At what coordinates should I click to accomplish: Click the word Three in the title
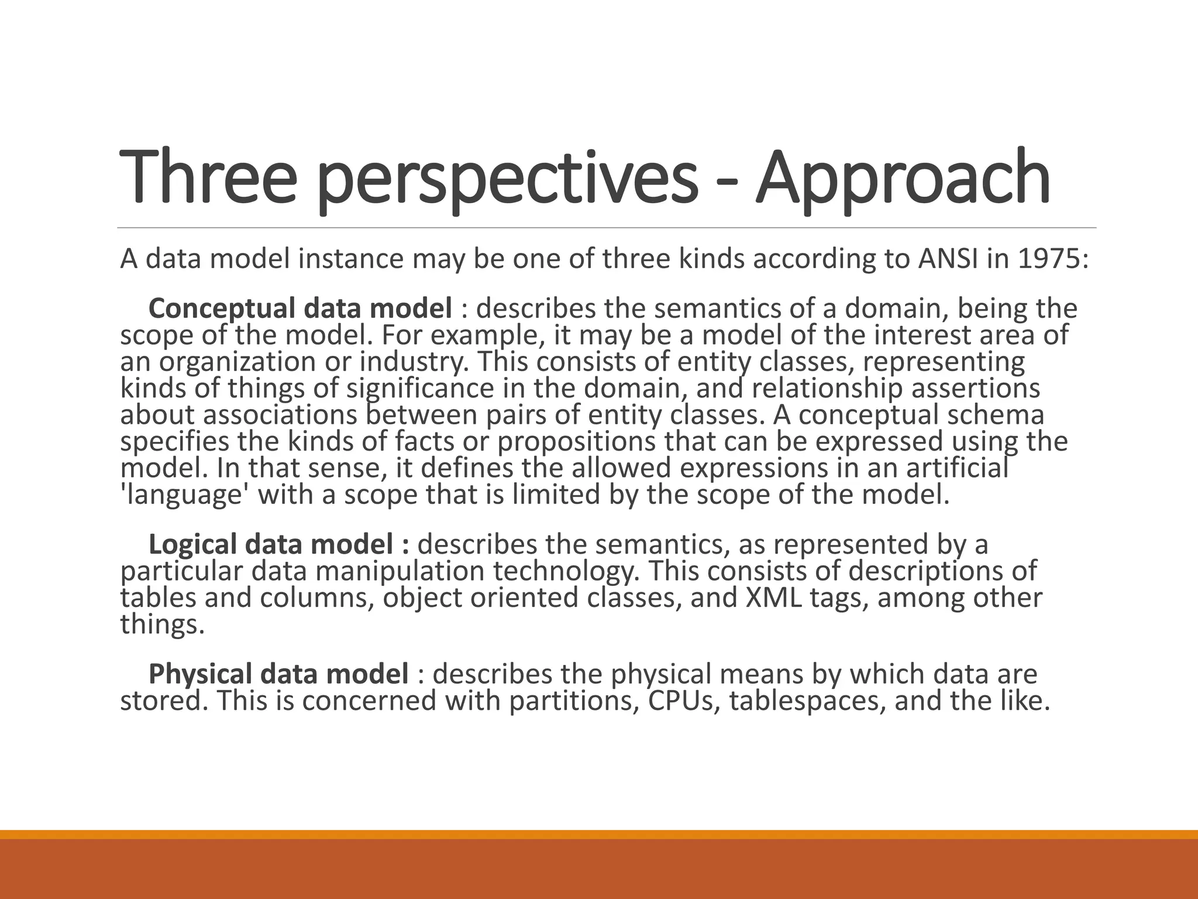(x=208, y=177)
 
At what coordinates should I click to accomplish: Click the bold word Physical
(x=200, y=674)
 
